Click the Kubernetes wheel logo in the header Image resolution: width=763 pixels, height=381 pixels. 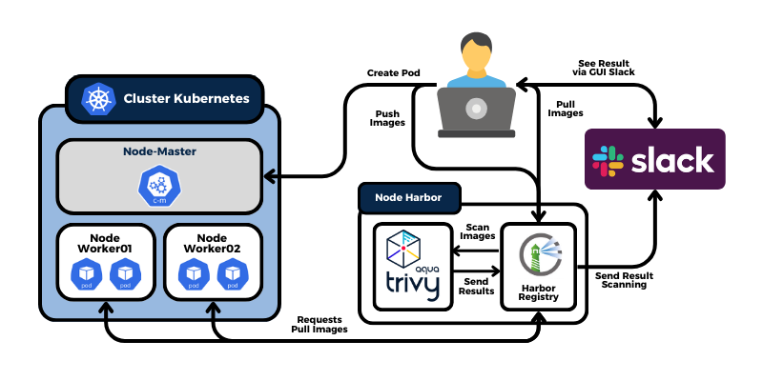pyautogui.click(x=97, y=98)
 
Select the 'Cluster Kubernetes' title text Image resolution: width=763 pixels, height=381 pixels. pyautogui.click(x=186, y=98)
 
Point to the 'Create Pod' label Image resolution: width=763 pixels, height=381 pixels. pyautogui.click(x=393, y=72)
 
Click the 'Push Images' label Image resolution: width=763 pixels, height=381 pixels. pyautogui.click(x=387, y=118)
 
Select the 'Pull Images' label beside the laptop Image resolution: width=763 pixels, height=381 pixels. pyautogui.click(x=566, y=108)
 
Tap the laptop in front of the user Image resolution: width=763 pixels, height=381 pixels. pyautogui.click(x=477, y=110)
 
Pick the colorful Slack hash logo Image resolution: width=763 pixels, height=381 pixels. pyautogui.click(x=608, y=159)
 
